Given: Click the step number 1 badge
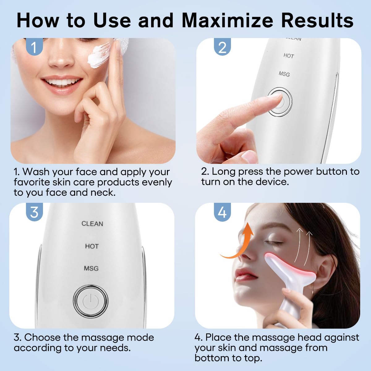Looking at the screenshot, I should tap(34, 47).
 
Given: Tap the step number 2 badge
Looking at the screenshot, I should tap(222, 47).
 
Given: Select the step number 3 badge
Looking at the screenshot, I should tap(34, 212).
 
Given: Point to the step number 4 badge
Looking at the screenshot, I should tap(222, 212).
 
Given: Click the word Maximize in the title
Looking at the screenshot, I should tap(228, 20).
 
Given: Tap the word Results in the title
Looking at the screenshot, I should tap(317, 20).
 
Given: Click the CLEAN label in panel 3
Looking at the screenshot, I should tap(92, 224).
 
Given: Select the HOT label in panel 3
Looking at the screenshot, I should tap(92, 246).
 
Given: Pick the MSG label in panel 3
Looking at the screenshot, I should tap(91, 268).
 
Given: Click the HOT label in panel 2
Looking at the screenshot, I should tap(288, 56).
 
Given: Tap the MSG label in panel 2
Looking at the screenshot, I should tap(284, 74).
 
